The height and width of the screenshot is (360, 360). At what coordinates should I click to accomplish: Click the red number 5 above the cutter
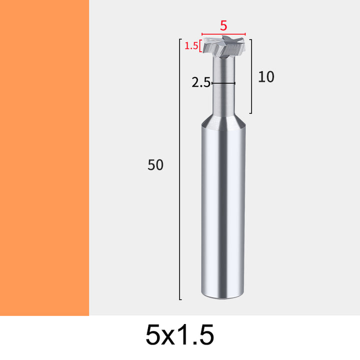pos(223,25)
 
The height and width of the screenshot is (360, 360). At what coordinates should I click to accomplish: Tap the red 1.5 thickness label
pos(191,46)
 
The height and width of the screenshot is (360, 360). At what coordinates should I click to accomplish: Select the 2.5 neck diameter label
pos(201,82)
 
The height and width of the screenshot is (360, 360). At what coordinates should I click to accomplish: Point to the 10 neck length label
pos(266,76)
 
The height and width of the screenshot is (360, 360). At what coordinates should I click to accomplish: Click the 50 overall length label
pos(155,164)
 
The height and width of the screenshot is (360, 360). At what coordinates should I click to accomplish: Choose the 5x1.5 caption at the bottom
pos(180,335)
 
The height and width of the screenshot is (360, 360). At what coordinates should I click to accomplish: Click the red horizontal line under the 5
pos(223,34)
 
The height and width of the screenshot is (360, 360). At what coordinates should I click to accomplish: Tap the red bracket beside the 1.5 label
pos(200,46)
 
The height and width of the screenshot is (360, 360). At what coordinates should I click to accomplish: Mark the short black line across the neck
pos(223,83)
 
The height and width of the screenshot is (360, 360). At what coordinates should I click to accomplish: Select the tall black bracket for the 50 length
pos(180,169)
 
